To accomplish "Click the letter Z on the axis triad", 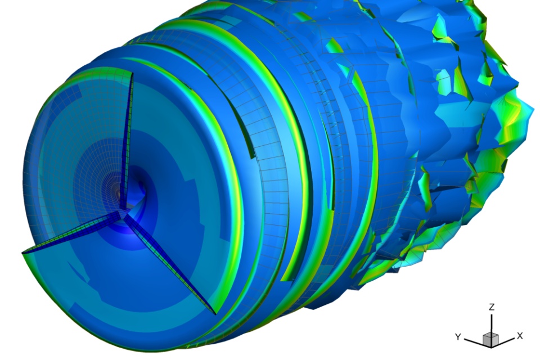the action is point(492,307).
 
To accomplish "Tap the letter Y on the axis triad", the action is point(458,336).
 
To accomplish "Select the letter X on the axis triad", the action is point(520,336).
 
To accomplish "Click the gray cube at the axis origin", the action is point(490,340).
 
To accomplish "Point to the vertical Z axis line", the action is point(492,323).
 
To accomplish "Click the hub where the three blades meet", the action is point(123,213).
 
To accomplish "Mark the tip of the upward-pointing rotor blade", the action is point(132,73).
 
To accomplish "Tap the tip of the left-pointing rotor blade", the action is point(22,253).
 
